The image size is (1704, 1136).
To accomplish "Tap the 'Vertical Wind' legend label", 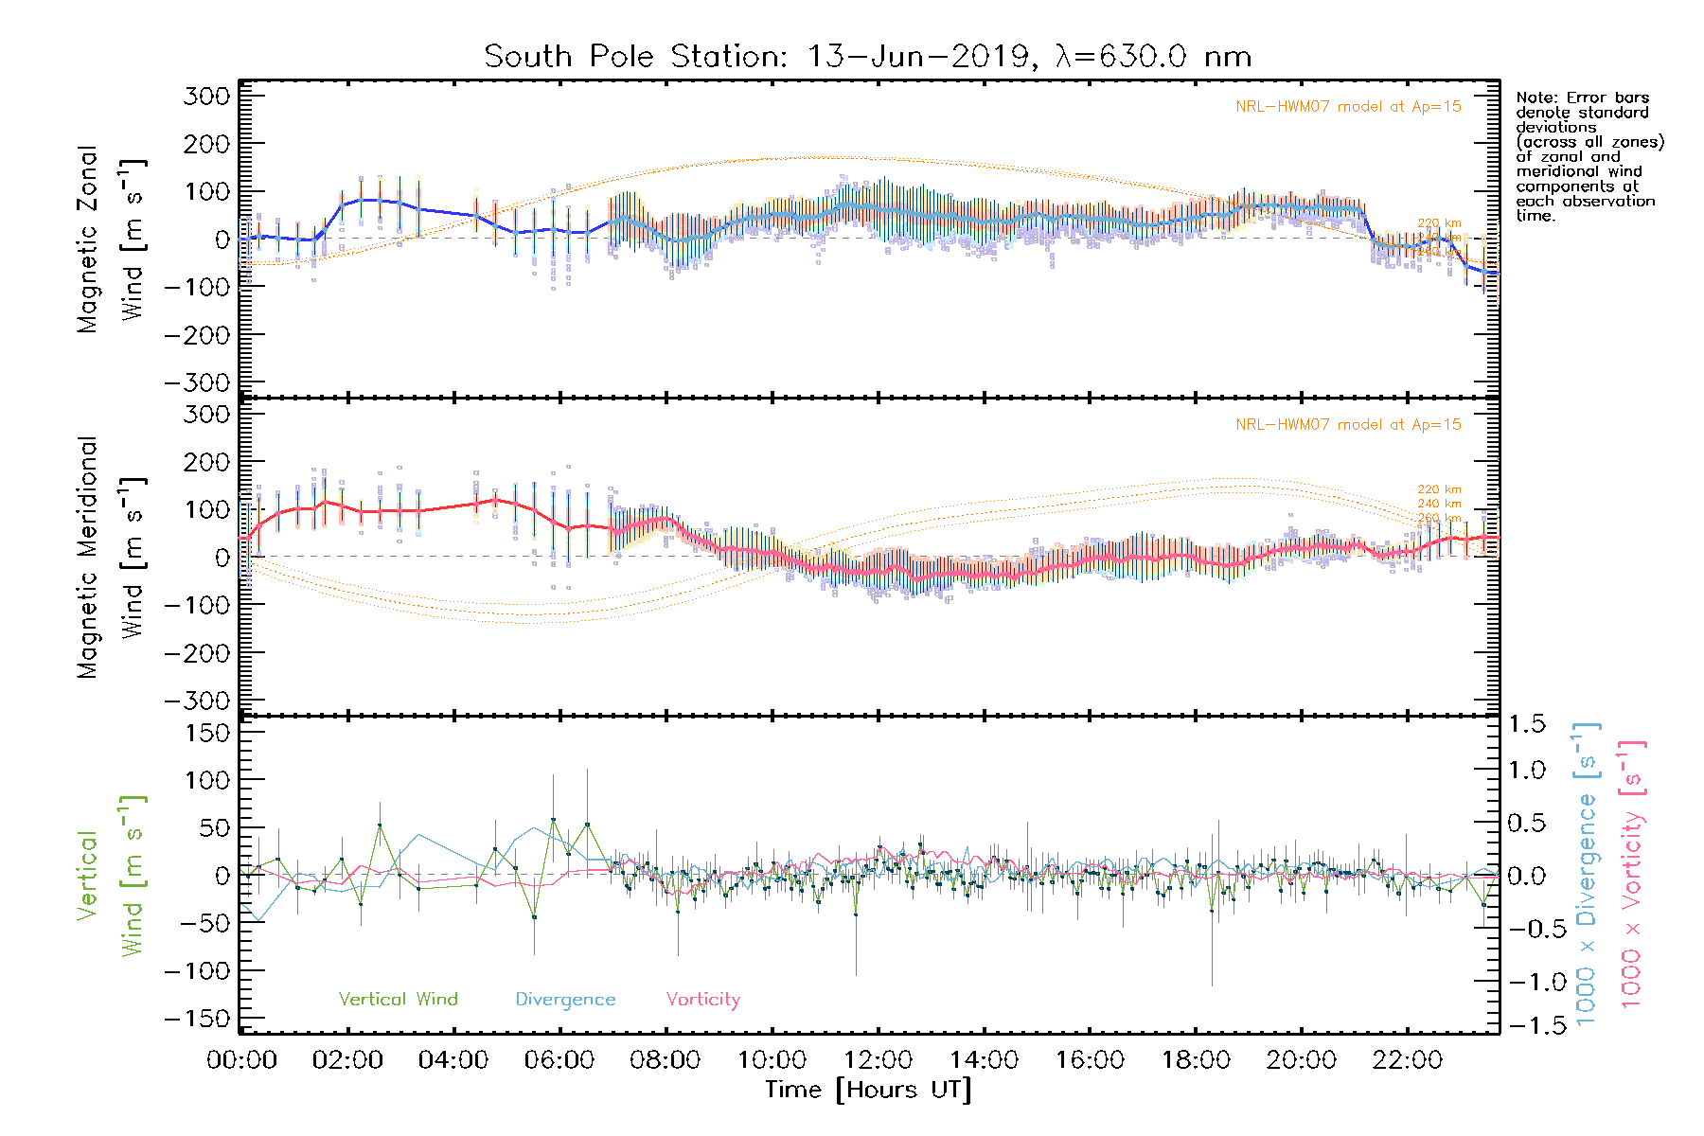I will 398,999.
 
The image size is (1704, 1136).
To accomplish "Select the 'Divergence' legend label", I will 565,999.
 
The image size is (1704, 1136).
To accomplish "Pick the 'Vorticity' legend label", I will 702,999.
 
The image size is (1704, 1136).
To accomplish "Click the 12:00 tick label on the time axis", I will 878,1060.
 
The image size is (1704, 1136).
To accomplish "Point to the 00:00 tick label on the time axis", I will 241,1060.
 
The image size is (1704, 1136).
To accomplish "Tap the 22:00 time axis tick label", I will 1407,1060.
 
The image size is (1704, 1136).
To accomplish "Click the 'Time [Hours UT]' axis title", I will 867,1090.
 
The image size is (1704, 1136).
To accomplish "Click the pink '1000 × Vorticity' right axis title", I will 1631,876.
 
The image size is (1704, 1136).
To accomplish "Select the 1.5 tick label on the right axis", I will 1527,724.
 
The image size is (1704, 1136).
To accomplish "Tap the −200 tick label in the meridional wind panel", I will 198,653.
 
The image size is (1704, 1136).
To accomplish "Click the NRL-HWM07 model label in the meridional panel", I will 1348,425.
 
